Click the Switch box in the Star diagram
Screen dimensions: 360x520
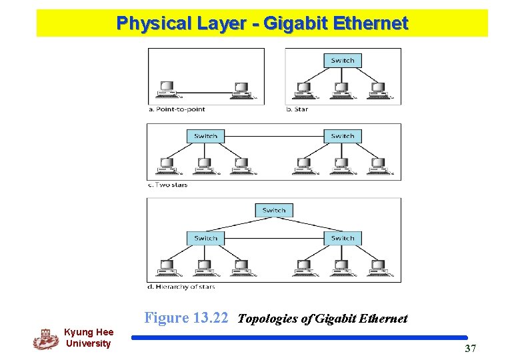point(343,61)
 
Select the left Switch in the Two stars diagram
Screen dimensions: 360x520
point(205,136)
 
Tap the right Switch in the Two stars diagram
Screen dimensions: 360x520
point(343,136)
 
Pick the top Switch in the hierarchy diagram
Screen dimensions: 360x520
point(274,211)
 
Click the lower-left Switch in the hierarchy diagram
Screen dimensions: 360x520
point(205,238)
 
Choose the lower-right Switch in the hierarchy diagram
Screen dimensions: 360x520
point(343,238)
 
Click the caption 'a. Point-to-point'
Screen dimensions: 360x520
point(177,109)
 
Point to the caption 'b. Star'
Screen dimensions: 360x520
point(297,109)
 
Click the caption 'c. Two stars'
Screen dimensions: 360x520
point(167,185)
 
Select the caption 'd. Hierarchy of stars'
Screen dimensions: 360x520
point(181,287)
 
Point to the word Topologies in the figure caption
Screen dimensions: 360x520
point(267,319)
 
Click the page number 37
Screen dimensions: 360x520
point(470,349)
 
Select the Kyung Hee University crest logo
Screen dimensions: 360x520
point(45,338)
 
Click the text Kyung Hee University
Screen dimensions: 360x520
point(89,338)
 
